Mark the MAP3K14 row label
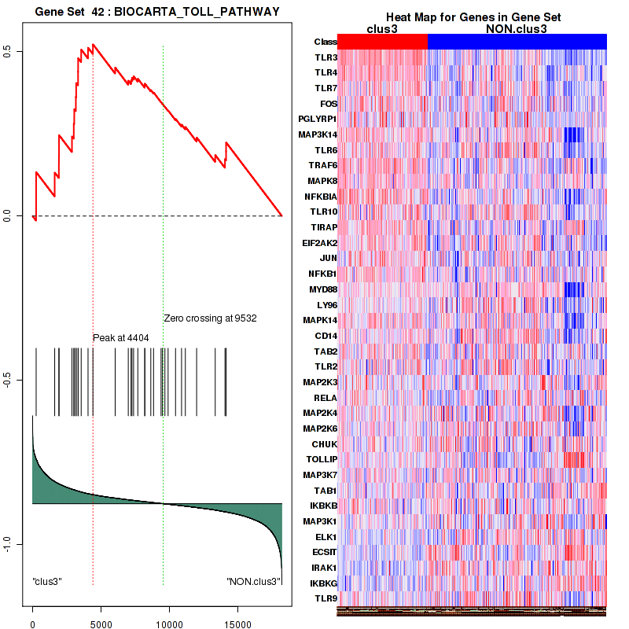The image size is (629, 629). [318, 134]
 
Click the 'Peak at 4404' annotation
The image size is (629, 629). [121, 337]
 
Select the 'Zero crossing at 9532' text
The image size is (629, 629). [210, 318]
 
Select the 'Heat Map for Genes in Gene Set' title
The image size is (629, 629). [462, 18]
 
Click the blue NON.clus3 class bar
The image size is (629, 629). [517, 42]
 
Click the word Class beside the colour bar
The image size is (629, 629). [326, 42]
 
